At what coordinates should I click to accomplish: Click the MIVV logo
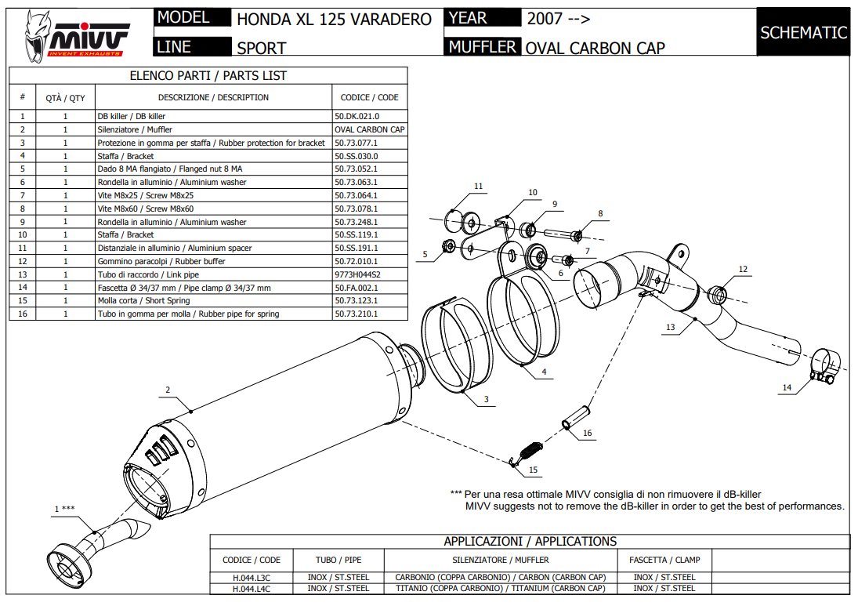(77, 36)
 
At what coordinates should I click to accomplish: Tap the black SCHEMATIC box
(803, 32)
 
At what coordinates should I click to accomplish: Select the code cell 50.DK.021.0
(357, 116)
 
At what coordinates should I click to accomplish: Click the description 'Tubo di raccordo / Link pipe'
(148, 274)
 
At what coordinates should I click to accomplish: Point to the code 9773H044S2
(357, 274)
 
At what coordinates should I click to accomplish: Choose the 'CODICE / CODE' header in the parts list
(369, 97)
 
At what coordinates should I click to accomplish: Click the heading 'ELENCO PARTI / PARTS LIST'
(208, 76)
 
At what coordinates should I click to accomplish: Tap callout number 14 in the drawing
(787, 388)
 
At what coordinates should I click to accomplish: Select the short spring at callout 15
(530, 452)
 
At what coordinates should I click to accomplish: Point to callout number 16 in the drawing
(587, 433)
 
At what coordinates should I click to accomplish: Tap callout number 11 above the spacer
(478, 186)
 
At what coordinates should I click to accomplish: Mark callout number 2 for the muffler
(168, 390)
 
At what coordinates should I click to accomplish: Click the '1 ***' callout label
(64, 509)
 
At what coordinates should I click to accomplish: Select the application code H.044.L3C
(251, 578)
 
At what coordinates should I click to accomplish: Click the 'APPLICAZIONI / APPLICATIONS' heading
(530, 542)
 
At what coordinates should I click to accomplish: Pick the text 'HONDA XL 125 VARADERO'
(334, 19)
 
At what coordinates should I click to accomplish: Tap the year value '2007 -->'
(559, 19)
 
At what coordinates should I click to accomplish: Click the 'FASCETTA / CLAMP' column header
(664, 560)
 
